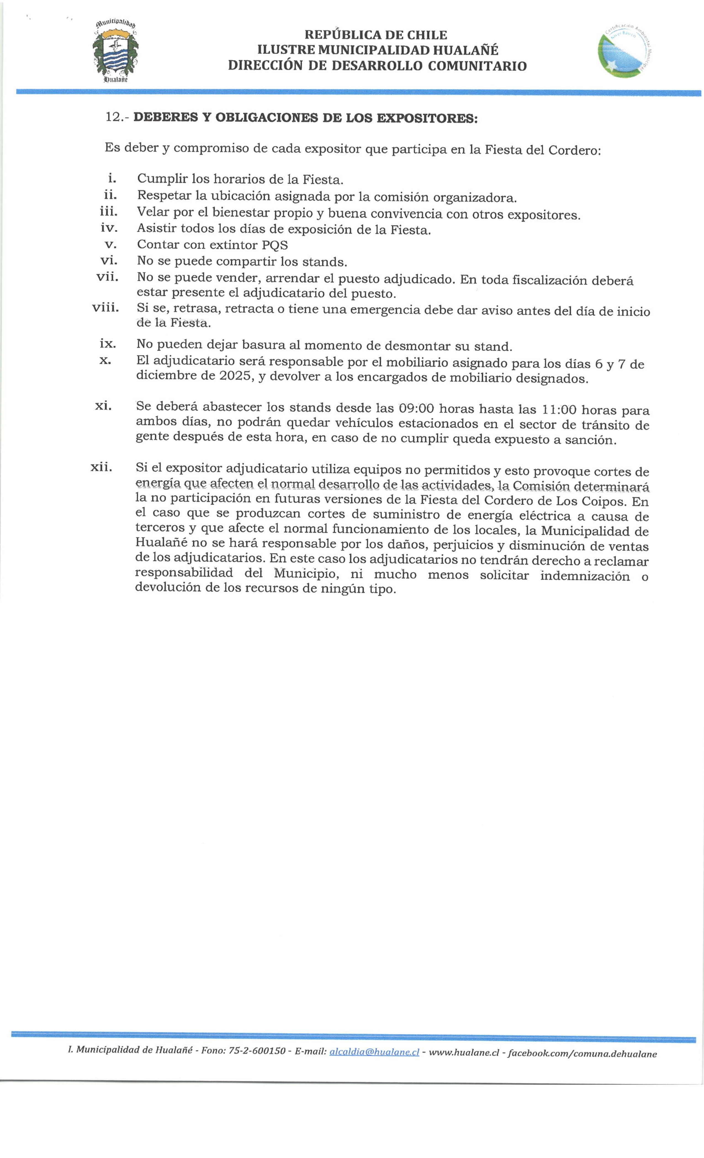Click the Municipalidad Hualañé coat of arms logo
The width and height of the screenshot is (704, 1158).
(115, 52)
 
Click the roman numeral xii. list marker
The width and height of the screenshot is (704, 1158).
(102, 467)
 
